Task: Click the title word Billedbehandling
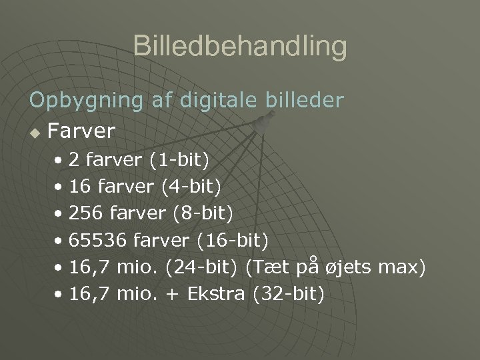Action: [240, 47]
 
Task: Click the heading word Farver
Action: [82, 130]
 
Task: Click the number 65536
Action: [98, 241]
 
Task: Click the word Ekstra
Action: [217, 294]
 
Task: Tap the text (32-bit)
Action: [289, 294]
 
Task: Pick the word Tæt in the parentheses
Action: [266, 267]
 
